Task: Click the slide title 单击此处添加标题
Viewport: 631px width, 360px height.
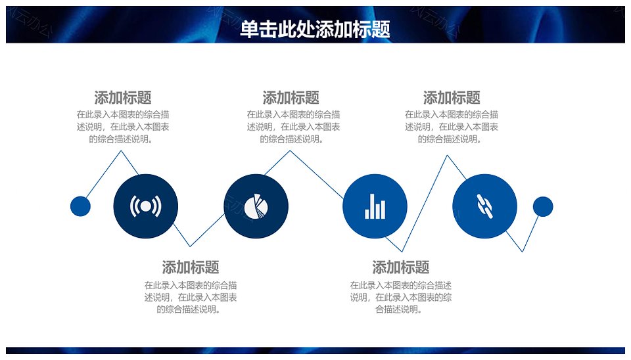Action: click(x=315, y=29)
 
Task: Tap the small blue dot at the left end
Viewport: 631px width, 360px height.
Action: click(x=80, y=206)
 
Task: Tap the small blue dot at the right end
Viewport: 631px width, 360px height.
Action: click(x=543, y=206)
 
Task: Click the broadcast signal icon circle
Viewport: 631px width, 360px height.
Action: click(x=146, y=206)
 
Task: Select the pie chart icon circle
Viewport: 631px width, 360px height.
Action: click(x=256, y=206)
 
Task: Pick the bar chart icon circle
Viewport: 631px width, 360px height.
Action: click(x=375, y=206)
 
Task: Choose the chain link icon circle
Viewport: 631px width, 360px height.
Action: click(x=484, y=206)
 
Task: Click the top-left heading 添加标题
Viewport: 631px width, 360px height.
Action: click(x=123, y=98)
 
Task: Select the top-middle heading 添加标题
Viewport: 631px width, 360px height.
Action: click(x=291, y=98)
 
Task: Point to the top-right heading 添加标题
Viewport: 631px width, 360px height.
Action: click(x=452, y=98)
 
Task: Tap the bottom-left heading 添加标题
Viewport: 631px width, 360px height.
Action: click(x=191, y=267)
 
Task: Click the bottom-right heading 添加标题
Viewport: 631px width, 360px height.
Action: click(x=401, y=267)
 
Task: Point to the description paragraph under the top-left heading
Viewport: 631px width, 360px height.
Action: click(x=123, y=127)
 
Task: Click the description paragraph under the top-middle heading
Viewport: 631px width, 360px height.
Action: click(x=293, y=127)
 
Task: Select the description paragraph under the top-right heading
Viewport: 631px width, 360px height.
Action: click(x=452, y=127)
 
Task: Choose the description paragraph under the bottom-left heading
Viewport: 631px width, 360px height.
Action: click(x=191, y=297)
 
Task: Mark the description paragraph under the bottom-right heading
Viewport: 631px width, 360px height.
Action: click(x=401, y=297)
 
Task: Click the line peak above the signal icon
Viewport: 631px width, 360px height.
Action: click(x=121, y=151)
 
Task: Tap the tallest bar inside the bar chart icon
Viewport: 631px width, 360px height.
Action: click(x=372, y=206)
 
